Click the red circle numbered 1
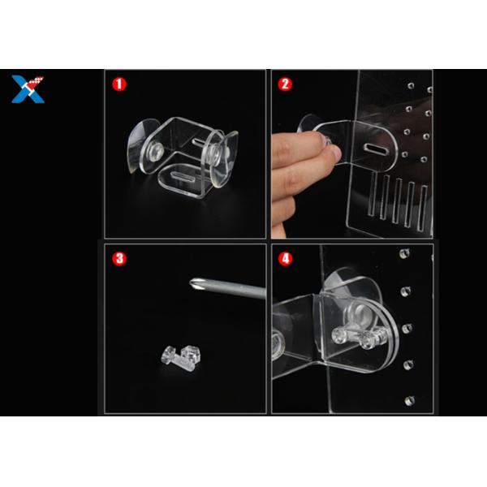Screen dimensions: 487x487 [119, 84]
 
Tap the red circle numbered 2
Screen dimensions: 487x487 [285, 84]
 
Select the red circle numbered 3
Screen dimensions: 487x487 [119, 258]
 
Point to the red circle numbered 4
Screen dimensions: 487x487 [286, 258]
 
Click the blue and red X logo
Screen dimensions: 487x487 [28, 89]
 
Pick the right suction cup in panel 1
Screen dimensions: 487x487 [224, 159]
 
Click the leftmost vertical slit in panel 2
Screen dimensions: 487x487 [372, 194]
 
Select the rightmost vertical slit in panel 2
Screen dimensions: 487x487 [423, 208]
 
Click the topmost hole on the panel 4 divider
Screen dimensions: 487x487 [404, 253]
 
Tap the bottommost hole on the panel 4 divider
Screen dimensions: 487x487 [409, 401]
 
